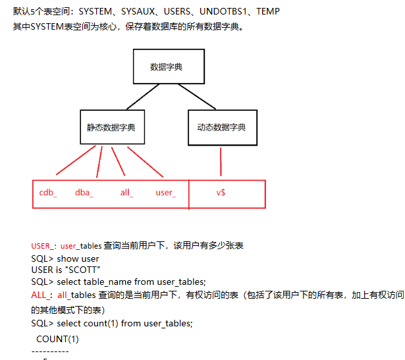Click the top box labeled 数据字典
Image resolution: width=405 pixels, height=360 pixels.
tap(166, 67)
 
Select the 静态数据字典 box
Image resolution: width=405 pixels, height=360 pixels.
tap(111, 126)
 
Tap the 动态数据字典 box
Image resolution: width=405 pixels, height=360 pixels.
tap(221, 126)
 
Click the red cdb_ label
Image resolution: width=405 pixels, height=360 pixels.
tap(48, 193)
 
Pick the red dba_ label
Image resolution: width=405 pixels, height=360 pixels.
tap(84, 193)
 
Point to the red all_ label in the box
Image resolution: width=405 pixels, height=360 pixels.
tap(126, 193)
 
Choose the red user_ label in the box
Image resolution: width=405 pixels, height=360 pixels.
tap(165, 193)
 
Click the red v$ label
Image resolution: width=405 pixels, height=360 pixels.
tap(221, 193)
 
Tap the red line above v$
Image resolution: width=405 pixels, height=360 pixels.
tap(221, 162)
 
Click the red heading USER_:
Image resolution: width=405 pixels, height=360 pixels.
tap(43, 246)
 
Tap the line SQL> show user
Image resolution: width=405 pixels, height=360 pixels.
tap(65, 258)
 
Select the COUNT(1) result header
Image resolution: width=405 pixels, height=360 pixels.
tap(57, 339)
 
